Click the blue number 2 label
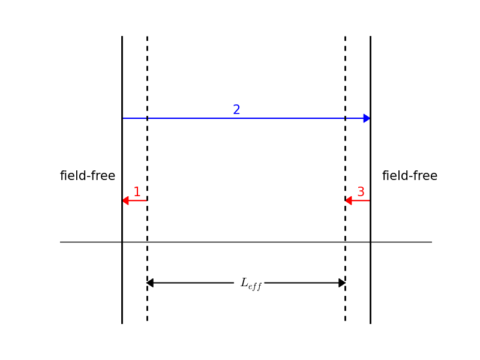point(236,110)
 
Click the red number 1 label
point(137,193)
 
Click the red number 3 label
point(361,193)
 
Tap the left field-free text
point(88,176)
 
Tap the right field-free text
point(410,176)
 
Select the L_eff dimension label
point(251,284)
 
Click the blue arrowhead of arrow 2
point(367,118)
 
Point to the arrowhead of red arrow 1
point(125,200)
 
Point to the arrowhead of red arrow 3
point(349,200)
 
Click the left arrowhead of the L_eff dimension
point(150,283)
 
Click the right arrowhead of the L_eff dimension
point(342,283)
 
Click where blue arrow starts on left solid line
point(122,118)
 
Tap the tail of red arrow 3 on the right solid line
point(370,200)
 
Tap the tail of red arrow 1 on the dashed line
point(146,200)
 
